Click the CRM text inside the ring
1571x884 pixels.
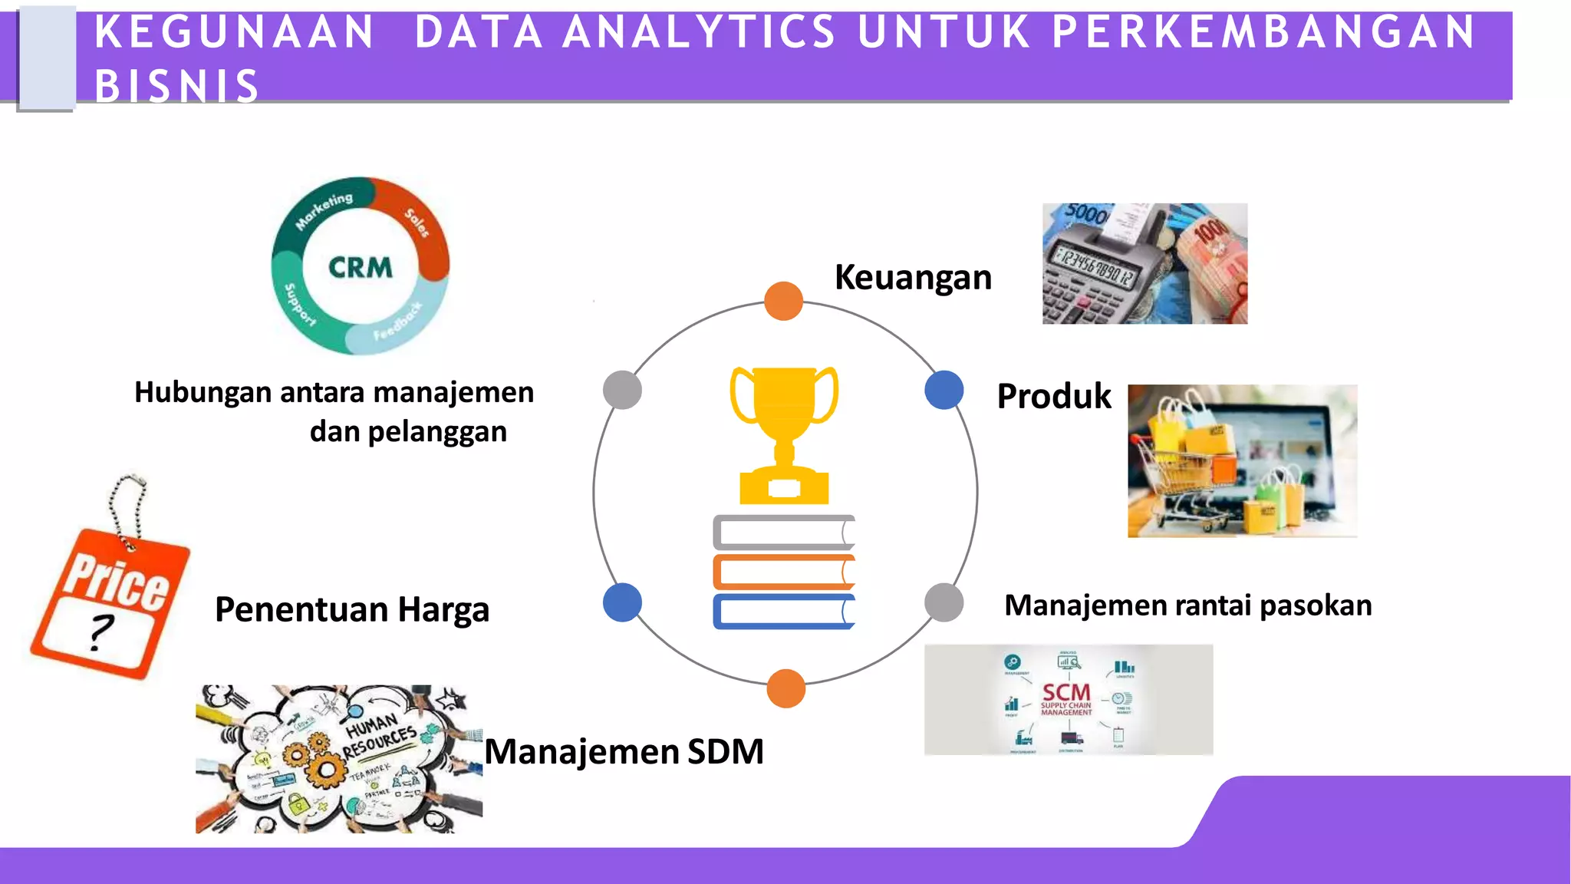pos(360,267)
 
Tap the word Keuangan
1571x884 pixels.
pos(913,277)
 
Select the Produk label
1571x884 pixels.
pos(1053,396)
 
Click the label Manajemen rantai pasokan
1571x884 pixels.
pos(1187,605)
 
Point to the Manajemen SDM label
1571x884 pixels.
pos(624,750)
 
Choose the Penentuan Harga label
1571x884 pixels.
pos(352,609)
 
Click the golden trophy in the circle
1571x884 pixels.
pos(784,434)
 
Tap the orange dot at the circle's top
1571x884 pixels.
pos(783,301)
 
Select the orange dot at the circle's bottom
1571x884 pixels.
pos(785,688)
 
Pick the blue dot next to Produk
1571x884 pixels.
pos(944,390)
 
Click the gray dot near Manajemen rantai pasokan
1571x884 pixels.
pos(944,602)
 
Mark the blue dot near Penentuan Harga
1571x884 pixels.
pos(622,602)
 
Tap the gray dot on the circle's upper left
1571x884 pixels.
pos(622,390)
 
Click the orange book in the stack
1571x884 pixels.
pos(783,572)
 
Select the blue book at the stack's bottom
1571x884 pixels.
pos(783,612)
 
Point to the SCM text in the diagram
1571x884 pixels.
pos(1065,692)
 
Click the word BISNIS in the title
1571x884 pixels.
pos(177,86)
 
